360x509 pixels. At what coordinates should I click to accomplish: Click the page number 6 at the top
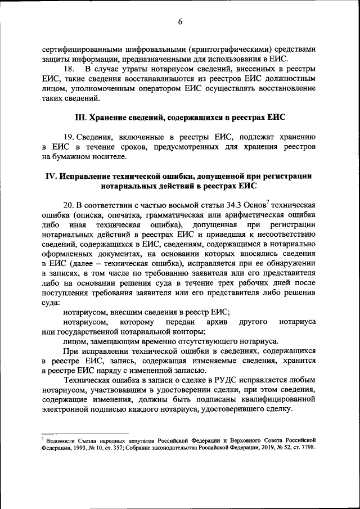180,22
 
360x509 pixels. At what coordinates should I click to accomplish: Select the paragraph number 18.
69,69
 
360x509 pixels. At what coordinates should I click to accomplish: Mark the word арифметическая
255,214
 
